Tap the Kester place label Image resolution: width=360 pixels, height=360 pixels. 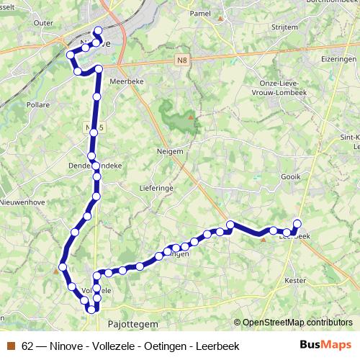[296, 279]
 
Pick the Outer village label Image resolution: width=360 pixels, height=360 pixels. [44, 22]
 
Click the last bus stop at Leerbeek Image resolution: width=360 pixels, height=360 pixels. [297, 222]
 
